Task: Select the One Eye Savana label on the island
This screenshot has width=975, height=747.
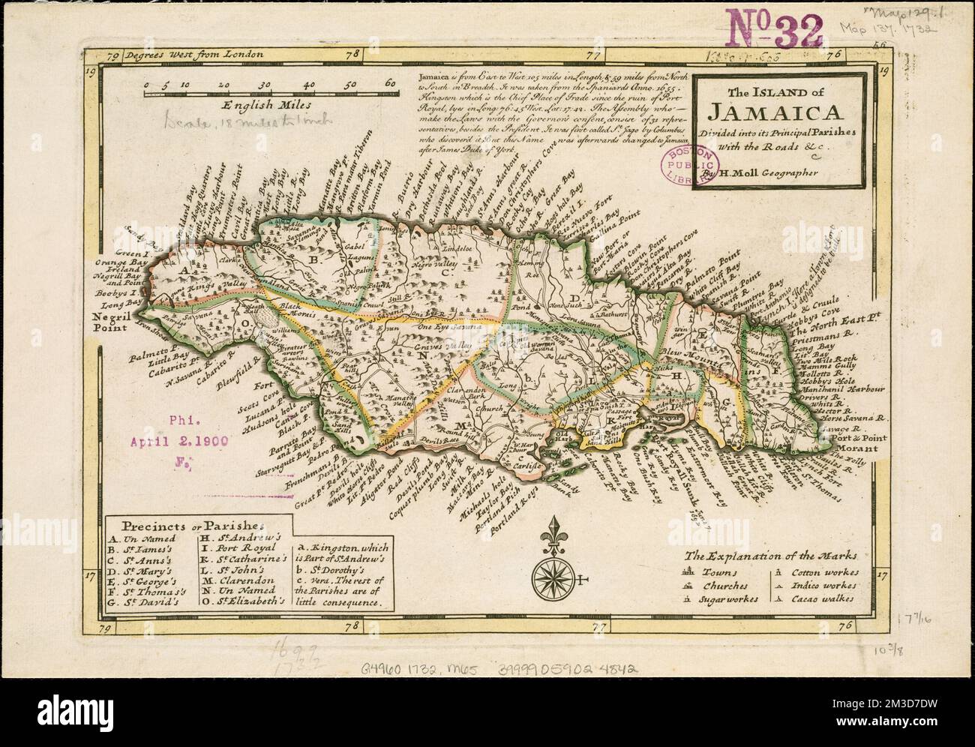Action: pos(445,327)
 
